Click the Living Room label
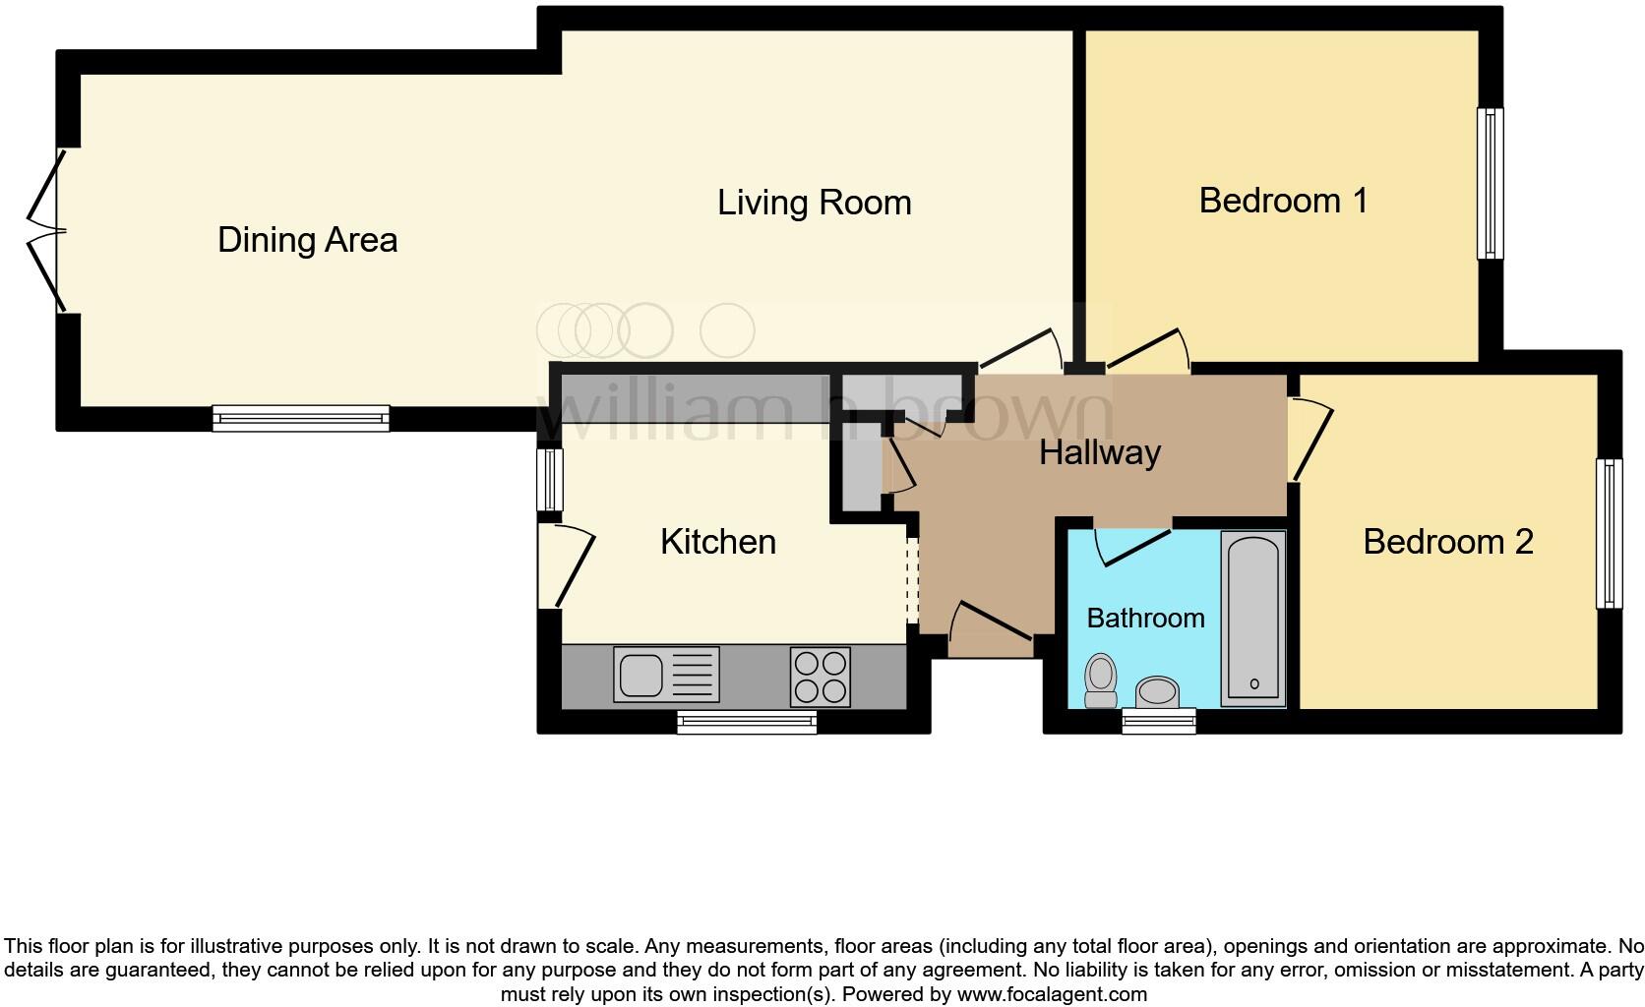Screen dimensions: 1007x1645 (814, 203)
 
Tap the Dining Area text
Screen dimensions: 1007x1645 (307, 240)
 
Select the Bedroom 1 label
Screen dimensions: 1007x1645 (1283, 201)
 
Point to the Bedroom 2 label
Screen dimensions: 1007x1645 (1447, 542)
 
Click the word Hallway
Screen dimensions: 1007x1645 (1100, 452)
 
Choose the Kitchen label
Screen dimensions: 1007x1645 (717, 542)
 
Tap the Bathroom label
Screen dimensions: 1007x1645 (1145, 619)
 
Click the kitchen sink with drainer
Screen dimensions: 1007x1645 (666, 675)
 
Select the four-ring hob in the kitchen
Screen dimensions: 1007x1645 (820, 676)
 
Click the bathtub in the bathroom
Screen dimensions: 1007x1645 (1252, 619)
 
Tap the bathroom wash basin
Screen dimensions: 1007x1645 (1158, 692)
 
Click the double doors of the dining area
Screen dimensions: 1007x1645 (44, 232)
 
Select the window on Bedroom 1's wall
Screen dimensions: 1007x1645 (1491, 183)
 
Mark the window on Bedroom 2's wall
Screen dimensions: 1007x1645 (1609, 533)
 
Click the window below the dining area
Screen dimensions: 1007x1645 (301, 419)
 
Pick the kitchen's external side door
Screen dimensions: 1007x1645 (566, 566)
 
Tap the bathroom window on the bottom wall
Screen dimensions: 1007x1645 (1159, 722)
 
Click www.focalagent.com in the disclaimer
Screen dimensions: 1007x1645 (1051, 994)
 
